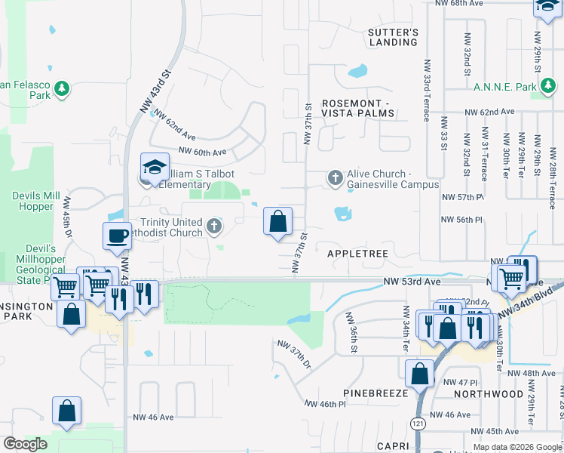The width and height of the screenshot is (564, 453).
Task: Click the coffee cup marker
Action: coord(117,236)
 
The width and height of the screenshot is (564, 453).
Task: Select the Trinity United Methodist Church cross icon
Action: coord(214,225)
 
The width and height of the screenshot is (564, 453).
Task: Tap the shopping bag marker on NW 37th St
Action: coord(277,221)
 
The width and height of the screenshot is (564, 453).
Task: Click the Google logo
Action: coord(25,444)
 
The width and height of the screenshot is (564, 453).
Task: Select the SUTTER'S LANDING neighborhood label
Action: coord(392,38)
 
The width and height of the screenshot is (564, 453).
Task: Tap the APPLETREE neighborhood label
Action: coord(357,254)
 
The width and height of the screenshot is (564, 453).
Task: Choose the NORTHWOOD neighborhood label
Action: coord(489,394)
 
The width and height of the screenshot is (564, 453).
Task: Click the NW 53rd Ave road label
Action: coord(411,281)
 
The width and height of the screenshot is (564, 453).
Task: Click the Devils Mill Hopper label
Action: coord(36,201)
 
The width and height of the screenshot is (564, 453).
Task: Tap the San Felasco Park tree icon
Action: coord(61,90)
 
